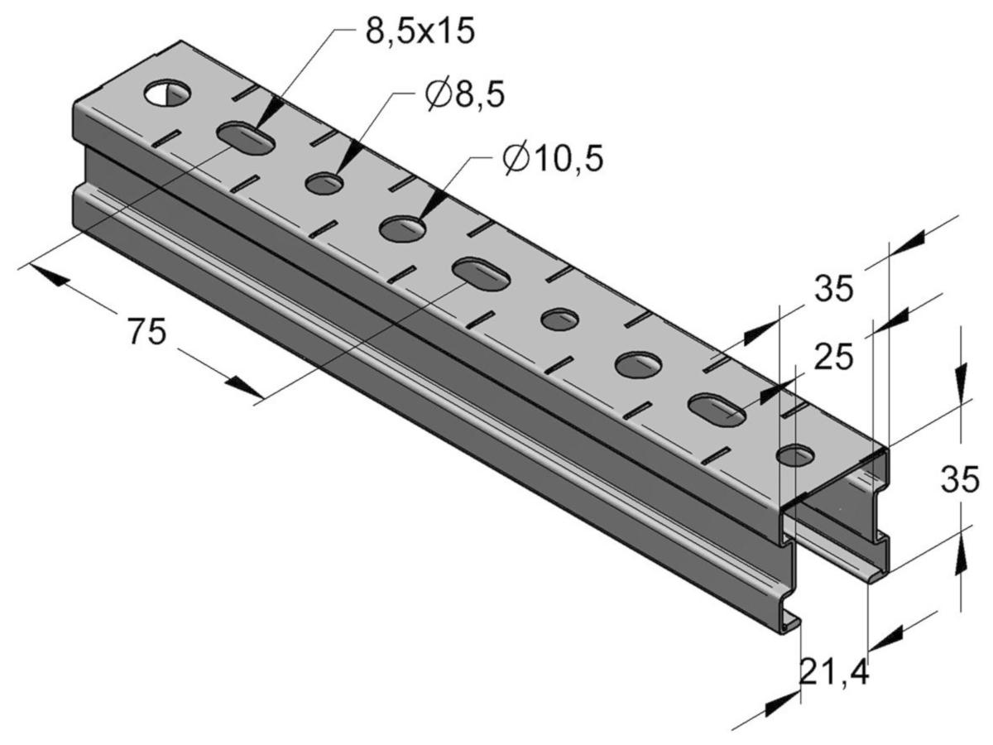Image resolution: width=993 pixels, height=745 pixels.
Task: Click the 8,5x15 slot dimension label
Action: click(x=420, y=31)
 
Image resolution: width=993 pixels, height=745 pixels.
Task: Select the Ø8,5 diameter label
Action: click(x=464, y=94)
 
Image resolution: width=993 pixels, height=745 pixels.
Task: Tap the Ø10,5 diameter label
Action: click(x=553, y=158)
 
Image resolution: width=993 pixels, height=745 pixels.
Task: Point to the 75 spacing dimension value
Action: click(x=147, y=331)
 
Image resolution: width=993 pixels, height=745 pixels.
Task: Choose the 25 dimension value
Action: click(x=832, y=358)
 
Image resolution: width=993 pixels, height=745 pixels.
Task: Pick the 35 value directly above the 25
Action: click(x=834, y=289)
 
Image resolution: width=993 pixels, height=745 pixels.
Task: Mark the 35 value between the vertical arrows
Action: click(x=960, y=479)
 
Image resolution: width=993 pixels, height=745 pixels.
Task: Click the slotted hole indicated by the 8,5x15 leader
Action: click(x=246, y=137)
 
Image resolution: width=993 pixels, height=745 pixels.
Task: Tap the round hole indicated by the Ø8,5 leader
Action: click(x=324, y=184)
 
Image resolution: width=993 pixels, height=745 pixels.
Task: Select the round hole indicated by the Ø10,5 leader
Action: click(x=403, y=229)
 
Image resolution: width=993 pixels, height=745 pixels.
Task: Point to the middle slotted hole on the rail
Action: click(x=481, y=274)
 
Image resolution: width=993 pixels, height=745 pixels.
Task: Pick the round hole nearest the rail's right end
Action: click(x=795, y=455)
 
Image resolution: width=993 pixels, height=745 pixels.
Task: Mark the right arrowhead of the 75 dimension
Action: click(x=244, y=388)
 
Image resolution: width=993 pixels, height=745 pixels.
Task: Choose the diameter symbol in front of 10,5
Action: click(x=516, y=159)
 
